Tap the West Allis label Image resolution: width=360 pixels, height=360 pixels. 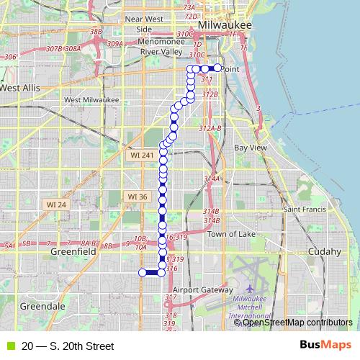[x=20, y=88]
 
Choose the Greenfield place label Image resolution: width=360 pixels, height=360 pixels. [x=73, y=253]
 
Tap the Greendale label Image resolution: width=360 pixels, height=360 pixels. [x=42, y=306]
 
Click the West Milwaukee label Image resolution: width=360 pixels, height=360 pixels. [x=91, y=100]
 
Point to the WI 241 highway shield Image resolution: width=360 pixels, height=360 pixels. [x=138, y=155]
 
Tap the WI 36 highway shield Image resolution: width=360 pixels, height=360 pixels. [x=136, y=197]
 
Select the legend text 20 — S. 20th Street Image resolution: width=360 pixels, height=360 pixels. [x=68, y=346]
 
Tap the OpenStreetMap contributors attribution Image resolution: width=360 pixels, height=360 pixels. [x=297, y=323]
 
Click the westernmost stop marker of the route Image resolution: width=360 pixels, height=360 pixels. [x=141, y=272]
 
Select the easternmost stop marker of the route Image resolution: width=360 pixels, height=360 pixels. [x=217, y=68]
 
